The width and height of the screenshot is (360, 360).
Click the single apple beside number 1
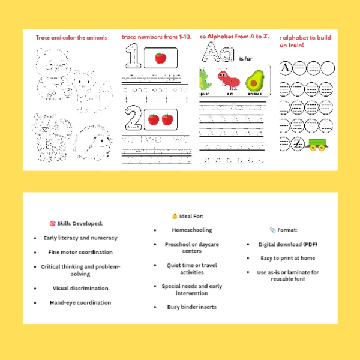160,58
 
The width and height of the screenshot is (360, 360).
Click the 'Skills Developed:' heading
76,223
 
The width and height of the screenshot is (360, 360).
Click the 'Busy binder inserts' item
192,307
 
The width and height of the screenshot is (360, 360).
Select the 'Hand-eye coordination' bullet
80,302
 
